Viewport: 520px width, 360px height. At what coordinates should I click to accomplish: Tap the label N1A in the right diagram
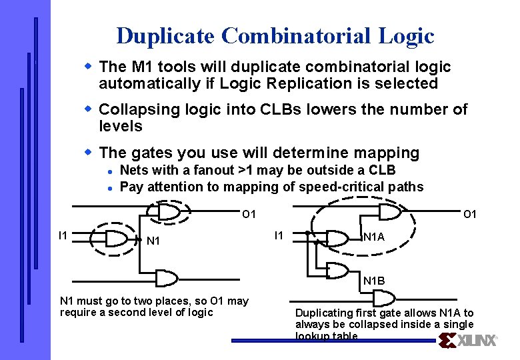pos(374,237)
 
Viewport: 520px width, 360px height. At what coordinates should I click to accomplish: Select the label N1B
pos(374,281)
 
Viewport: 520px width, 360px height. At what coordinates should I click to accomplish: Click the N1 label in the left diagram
pos(153,241)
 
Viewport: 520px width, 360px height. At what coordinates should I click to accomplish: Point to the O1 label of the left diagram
pos(249,215)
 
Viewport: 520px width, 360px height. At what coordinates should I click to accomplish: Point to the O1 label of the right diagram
pos(470,215)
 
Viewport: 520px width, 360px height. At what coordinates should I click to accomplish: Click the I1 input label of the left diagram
pos(63,235)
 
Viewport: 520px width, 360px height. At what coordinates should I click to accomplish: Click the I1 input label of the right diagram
pos(280,235)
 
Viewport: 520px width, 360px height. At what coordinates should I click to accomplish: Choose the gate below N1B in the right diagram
pos(383,297)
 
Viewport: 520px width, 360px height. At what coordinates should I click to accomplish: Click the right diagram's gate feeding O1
pos(389,212)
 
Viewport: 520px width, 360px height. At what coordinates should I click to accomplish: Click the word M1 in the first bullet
pos(136,67)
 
